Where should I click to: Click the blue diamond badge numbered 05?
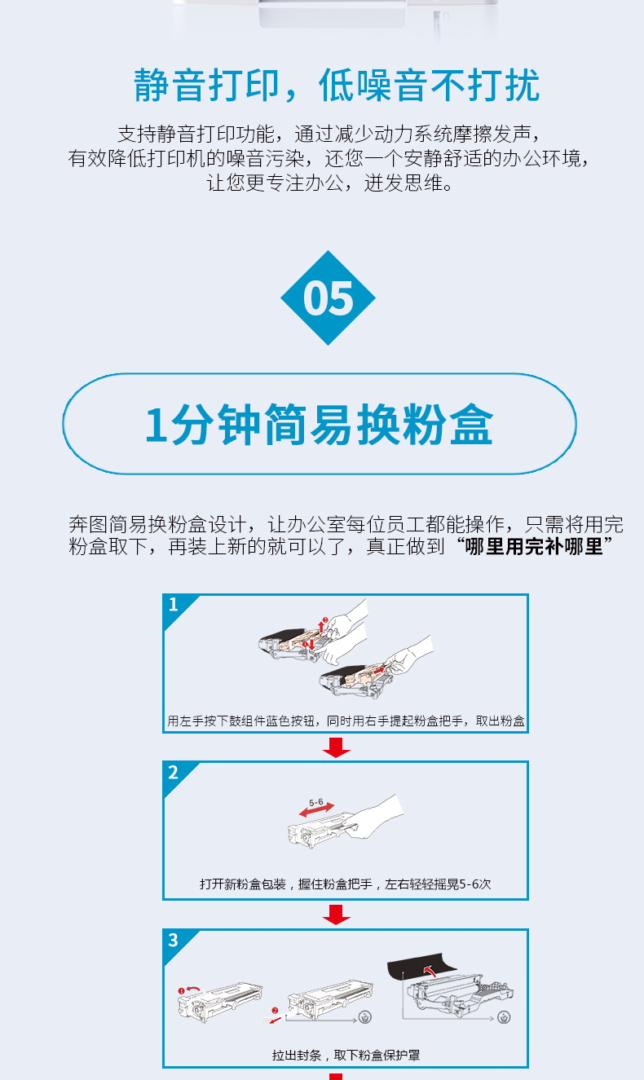click(328, 298)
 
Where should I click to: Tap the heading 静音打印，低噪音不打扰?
click(337, 86)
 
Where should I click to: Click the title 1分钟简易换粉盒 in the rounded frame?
click(319, 425)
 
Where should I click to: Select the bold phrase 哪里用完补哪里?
click(534, 546)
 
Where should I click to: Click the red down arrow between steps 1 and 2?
click(337, 747)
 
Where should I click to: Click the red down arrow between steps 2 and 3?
click(337, 915)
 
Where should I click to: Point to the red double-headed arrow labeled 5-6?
click(316, 810)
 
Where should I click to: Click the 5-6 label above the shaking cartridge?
click(316, 802)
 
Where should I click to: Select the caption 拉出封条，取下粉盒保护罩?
click(346, 1056)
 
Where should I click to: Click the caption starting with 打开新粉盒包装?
click(345, 884)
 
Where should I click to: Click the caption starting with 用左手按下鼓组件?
click(346, 721)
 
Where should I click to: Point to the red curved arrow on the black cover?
click(429, 971)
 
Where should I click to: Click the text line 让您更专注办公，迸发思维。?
click(329, 183)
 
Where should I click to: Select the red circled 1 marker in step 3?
click(181, 991)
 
